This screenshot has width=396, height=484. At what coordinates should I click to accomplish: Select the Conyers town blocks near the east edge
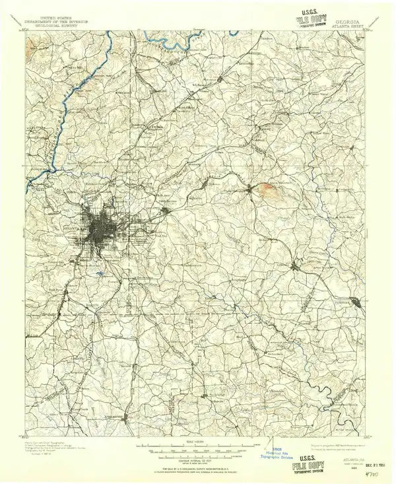(357, 303)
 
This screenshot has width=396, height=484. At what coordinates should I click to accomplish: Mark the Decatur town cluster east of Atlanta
(166, 211)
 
